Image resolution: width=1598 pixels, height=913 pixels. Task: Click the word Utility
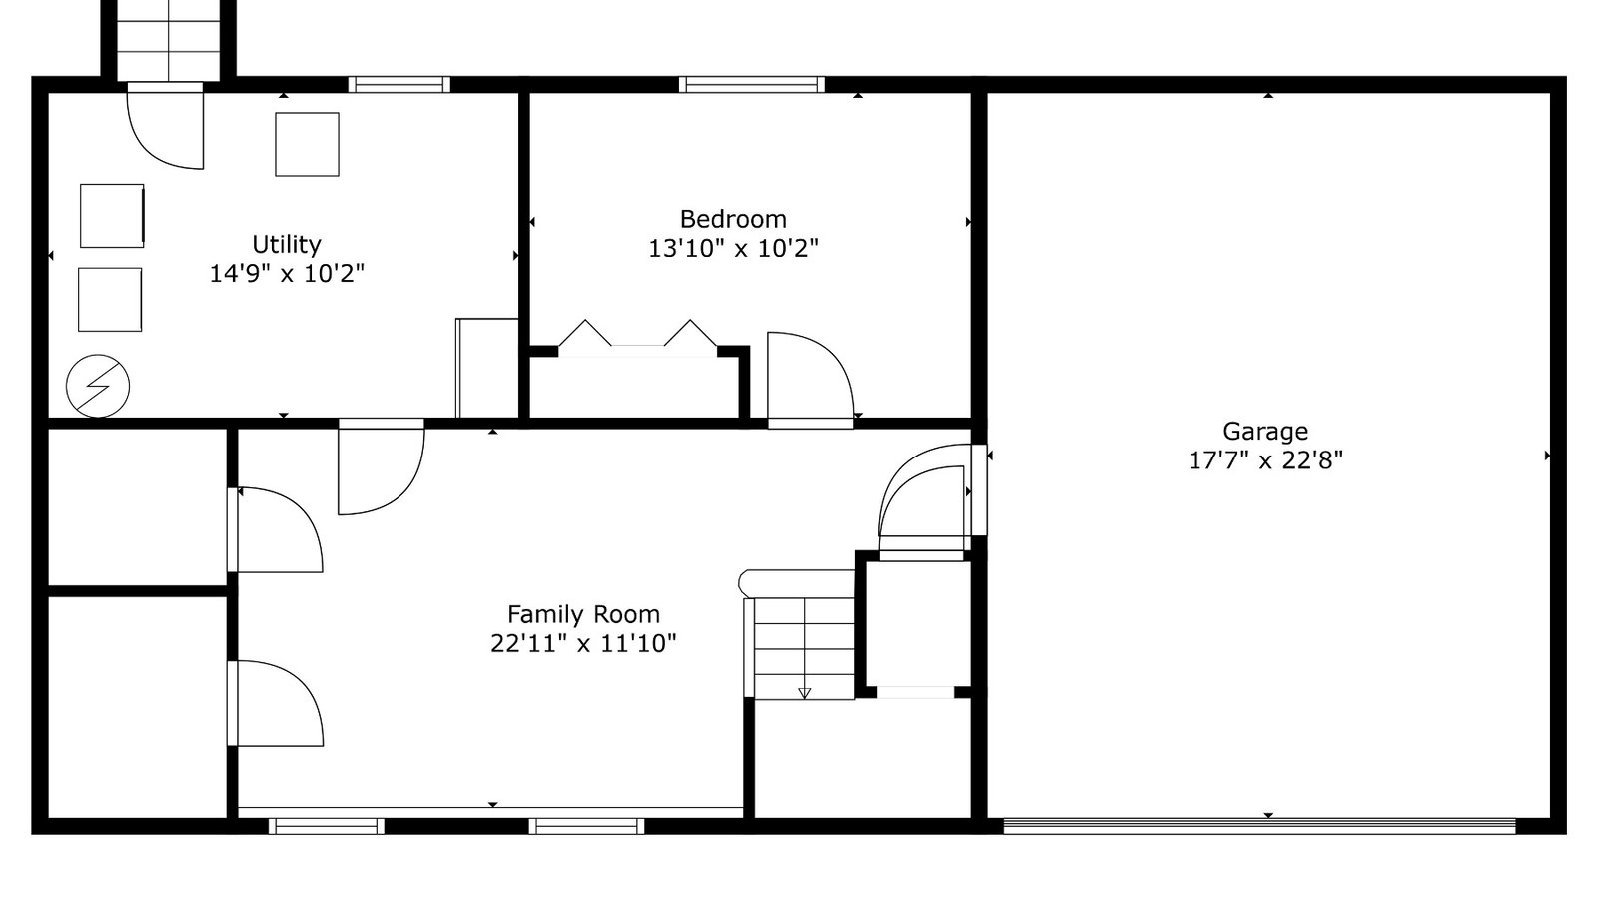pyautogui.click(x=286, y=244)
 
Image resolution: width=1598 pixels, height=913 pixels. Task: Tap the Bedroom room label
pyautogui.click(x=733, y=219)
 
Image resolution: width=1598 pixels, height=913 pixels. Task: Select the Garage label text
pyautogui.click(x=1264, y=431)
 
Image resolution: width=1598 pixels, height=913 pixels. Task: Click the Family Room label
pyautogui.click(x=583, y=614)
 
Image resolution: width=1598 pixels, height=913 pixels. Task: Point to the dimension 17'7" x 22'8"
pyautogui.click(x=1264, y=460)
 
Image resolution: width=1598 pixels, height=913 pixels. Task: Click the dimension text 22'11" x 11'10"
pyautogui.click(x=583, y=643)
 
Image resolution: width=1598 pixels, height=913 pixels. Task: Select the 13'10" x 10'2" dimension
pyautogui.click(x=733, y=248)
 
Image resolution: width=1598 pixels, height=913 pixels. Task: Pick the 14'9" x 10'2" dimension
pyautogui.click(x=286, y=273)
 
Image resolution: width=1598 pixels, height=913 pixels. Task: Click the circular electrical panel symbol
pyautogui.click(x=98, y=386)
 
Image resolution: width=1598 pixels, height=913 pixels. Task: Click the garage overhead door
pyautogui.click(x=1259, y=826)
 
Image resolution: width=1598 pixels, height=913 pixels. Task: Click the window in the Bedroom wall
pyautogui.click(x=752, y=84)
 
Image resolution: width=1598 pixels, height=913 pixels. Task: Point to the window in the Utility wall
pyautogui.click(x=399, y=84)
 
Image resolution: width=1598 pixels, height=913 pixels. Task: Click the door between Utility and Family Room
pyautogui.click(x=381, y=467)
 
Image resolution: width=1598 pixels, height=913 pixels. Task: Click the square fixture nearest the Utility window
pyautogui.click(x=307, y=144)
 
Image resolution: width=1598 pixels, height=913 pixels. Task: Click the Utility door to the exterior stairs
pyautogui.click(x=166, y=126)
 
